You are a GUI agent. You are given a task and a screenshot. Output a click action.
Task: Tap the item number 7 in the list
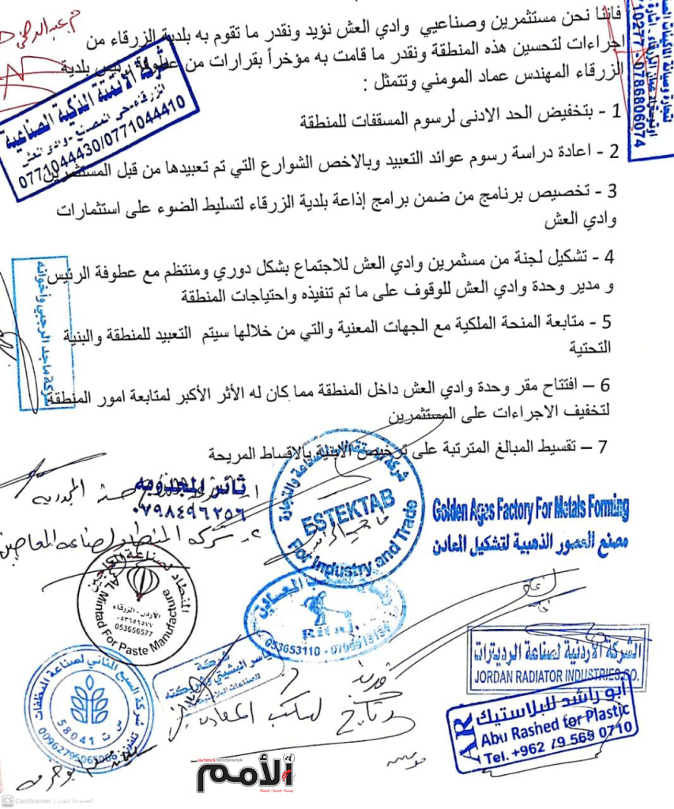pyautogui.click(x=603, y=448)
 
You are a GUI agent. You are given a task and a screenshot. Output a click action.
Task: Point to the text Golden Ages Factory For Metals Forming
pyautogui.click(x=530, y=509)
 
